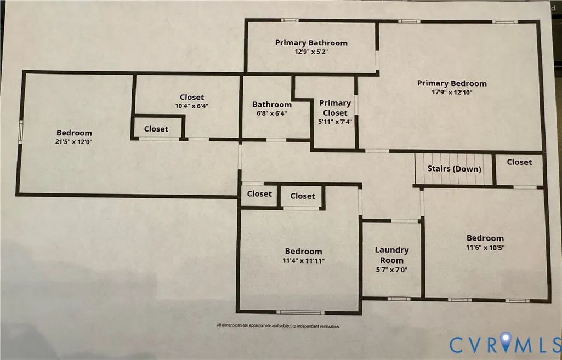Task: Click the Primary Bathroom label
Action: click(311, 43)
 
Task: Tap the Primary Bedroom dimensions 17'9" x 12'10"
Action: click(452, 92)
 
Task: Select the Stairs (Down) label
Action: click(454, 169)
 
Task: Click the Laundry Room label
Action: click(391, 255)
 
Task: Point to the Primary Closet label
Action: click(335, 108)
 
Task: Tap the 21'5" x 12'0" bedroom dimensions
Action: click(74, 141)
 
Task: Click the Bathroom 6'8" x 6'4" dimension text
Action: click(272, 113)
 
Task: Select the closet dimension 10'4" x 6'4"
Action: click(192, 106)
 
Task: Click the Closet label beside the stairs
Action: click(519, 162)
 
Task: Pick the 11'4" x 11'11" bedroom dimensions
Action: click(303, 261)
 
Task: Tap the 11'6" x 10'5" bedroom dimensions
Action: click(485, 247)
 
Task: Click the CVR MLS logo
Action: click(505, 345)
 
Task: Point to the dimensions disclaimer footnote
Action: click(278, 326)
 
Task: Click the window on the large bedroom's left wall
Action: click(21, 132)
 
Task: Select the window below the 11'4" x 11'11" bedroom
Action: click(300, 312)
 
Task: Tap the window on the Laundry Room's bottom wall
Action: click(399, 299)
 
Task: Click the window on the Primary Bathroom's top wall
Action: click(289, 20)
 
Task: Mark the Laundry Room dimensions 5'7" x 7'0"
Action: click(391, 270)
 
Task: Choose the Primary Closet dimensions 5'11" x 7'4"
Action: click(335, 122)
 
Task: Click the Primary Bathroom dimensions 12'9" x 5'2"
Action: click(311, 52)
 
